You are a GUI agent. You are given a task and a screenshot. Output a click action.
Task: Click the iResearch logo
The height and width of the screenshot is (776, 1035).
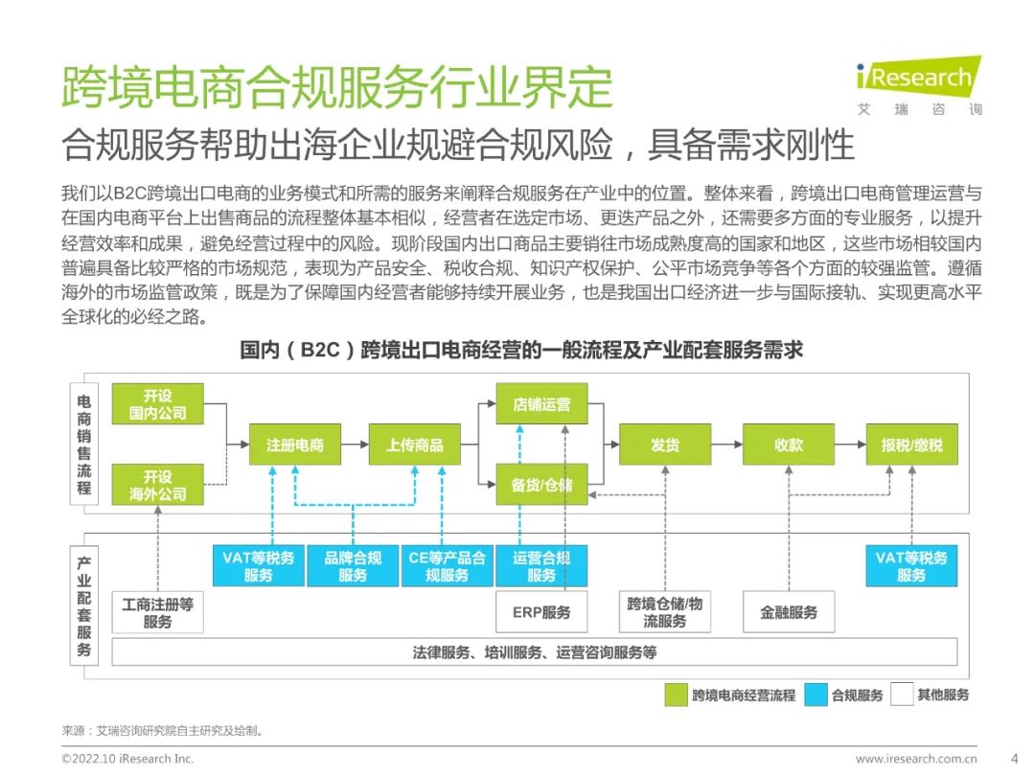919,86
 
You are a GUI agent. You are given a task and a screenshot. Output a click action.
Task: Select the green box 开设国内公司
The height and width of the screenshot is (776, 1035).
158,404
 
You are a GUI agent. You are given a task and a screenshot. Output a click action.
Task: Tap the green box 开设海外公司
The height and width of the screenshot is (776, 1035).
158,485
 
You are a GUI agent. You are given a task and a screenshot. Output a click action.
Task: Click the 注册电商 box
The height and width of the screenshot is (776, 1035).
295,445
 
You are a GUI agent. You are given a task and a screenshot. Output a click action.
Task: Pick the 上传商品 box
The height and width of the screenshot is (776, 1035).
415,445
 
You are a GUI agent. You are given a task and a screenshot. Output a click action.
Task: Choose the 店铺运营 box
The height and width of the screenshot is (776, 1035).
541,404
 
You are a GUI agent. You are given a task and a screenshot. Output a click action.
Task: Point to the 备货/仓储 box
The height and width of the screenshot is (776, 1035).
541,485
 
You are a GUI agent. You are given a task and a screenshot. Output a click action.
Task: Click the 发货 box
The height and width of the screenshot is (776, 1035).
665,445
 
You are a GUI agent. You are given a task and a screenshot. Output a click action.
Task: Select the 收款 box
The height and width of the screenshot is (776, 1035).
789,445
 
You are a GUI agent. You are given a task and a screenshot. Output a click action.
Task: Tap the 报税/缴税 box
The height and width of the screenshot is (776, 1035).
912,445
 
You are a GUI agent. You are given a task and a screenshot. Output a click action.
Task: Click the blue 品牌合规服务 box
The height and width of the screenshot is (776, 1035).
353,566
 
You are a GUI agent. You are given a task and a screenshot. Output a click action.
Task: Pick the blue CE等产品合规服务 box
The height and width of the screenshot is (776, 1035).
447,566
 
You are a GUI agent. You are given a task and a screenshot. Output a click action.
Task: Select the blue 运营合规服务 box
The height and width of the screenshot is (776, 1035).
541,566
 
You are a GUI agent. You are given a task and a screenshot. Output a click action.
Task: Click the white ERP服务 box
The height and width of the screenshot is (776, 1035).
541,612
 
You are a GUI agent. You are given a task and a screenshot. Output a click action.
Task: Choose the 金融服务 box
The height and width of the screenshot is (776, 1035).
789,612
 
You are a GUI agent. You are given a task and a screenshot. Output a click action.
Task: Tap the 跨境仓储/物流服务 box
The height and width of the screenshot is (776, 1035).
665,612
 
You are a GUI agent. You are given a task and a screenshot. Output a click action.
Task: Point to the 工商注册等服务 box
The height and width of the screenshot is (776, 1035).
158,612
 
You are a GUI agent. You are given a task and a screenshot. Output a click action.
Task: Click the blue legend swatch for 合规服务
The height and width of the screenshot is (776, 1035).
816,695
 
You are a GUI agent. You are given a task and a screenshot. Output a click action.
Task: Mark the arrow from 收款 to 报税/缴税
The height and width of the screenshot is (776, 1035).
851,445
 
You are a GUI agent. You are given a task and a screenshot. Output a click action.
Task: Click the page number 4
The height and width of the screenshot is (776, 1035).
1015,759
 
